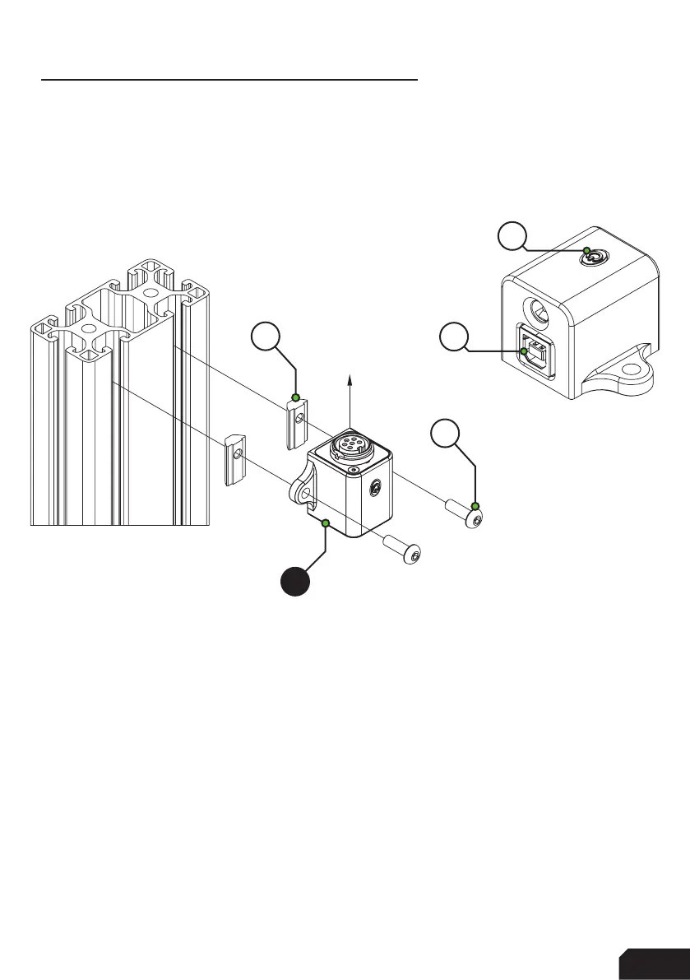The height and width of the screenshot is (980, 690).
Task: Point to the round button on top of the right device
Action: point(590,258)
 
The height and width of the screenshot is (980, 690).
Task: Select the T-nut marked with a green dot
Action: point(296,420)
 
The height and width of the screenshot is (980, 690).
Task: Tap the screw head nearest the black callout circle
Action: point(413,555)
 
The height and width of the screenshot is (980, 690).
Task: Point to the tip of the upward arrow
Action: point(351,375)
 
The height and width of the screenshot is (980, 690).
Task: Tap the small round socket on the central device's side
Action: point(375,489)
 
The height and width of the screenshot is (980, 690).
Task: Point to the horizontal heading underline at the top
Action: point(230,81)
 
